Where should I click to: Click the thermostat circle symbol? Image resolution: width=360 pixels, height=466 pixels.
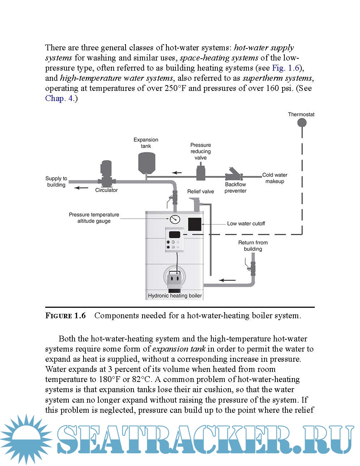click(x=302, y=123)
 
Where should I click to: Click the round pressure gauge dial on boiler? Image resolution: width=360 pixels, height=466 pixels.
click(x=174, y=219)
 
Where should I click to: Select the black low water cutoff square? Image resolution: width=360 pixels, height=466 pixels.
click(x=195, y=224)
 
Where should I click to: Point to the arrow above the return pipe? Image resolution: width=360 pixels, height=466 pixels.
click(x=227, y=280)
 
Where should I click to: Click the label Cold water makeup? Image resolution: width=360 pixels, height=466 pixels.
click(x=275, y=178)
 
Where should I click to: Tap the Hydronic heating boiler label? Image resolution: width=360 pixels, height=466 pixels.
click(x=175, y=296)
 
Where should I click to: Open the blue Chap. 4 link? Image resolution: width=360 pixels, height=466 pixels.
click(x=60, y=98)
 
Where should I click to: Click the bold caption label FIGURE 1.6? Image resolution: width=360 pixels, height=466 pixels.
click(x=65, y=316)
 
